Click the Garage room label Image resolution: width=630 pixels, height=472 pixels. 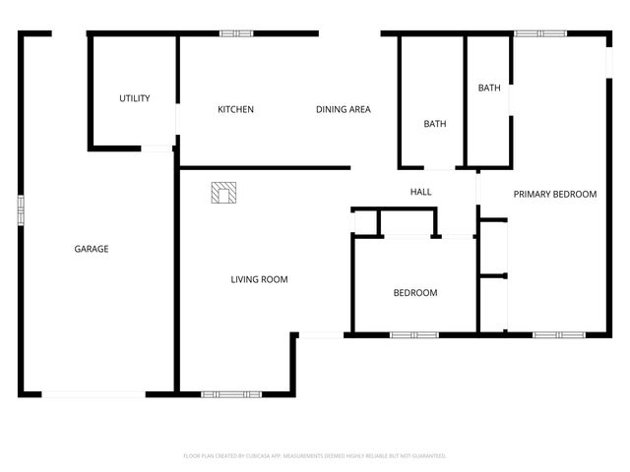tap(92, 249)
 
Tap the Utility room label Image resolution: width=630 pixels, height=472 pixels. tap(135, 98)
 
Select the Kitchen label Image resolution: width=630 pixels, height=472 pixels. tap(235, 109)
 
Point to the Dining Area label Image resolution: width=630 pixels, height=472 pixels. tap(343, 109)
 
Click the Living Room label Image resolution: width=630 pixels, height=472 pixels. tap(259, 279)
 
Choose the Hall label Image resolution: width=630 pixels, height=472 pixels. tap(420, 192)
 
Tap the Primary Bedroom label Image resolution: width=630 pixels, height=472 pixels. tap(555, 195)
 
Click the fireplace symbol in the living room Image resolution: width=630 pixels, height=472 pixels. tap(224, 193)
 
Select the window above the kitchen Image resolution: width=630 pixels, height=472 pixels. tap(236, 34)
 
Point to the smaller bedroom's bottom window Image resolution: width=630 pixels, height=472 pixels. tap(413, 335)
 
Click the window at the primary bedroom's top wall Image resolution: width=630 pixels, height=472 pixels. tap(540, 33)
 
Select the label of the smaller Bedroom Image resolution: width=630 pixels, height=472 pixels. tap(415, 293)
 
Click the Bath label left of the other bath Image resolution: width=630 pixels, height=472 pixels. tap(435, 124)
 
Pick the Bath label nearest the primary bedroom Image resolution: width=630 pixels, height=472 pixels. tap(489, 88)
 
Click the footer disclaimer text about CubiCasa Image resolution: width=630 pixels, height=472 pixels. tap(315, 456)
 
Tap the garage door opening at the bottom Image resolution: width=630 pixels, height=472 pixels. tap(94, 394)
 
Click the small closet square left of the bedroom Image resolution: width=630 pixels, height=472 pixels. tap(366, 222)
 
